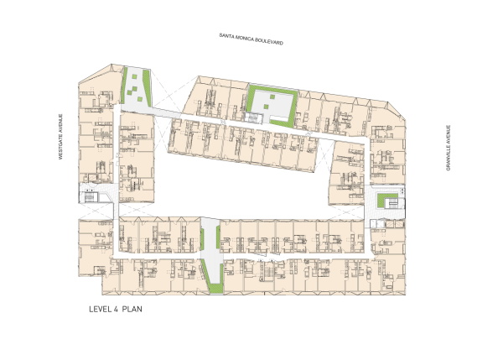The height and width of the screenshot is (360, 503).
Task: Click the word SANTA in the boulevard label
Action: point(227,36)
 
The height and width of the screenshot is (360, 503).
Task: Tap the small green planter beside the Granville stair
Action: point(386,202)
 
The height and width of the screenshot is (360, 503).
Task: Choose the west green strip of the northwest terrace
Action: point(132,83)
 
